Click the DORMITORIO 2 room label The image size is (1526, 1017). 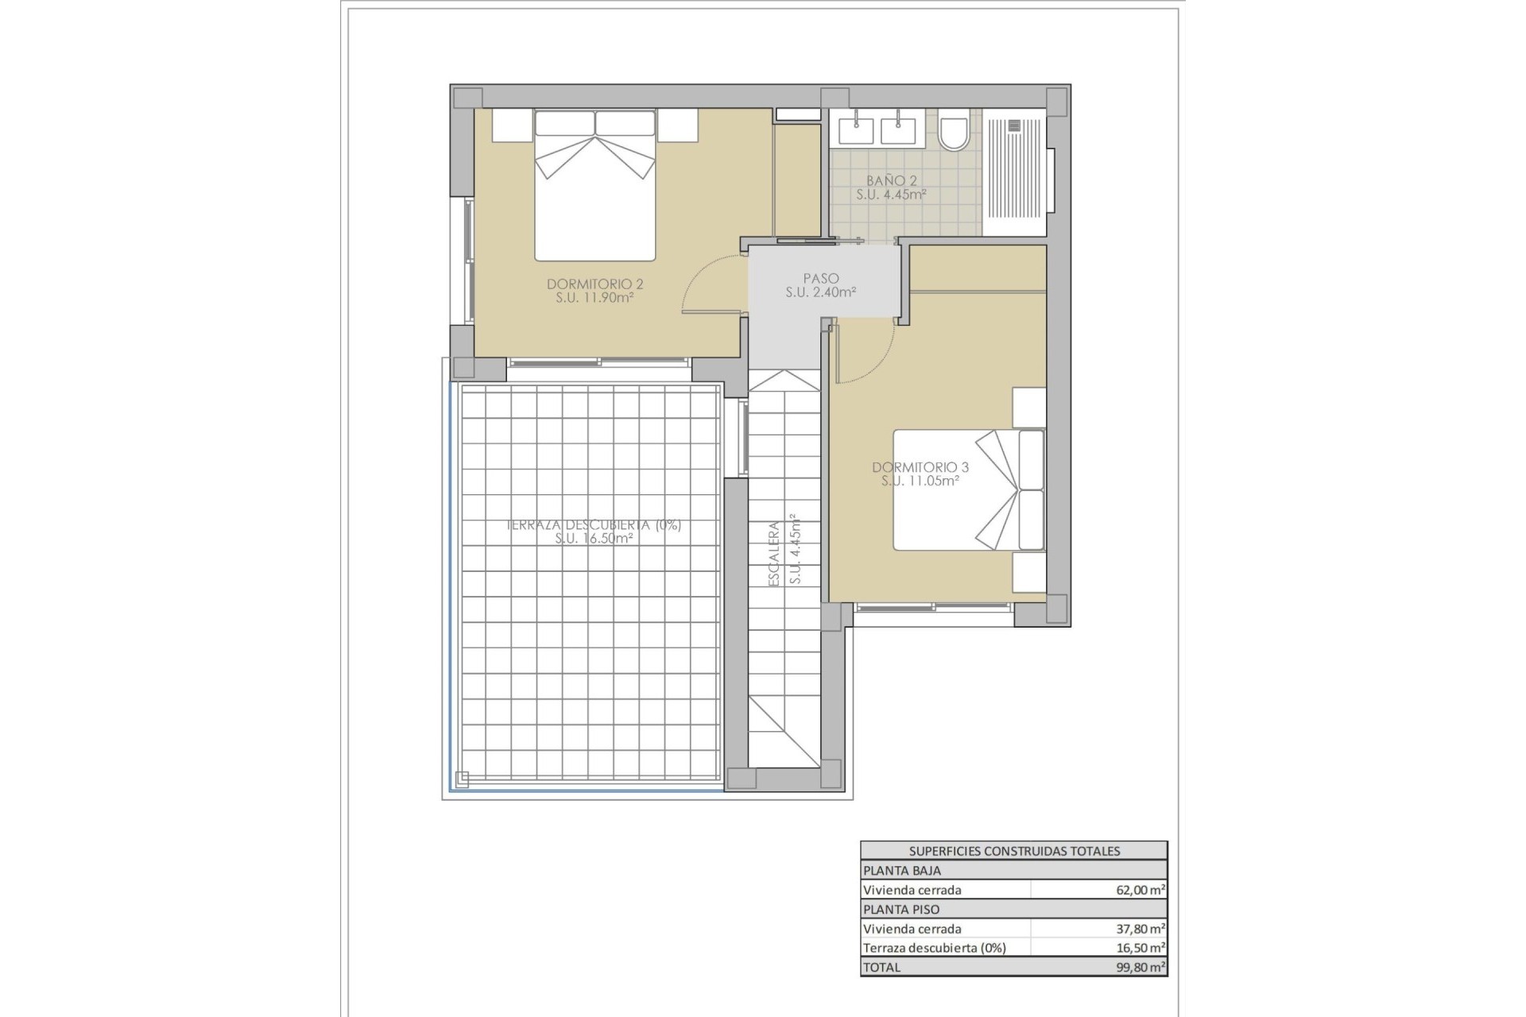[595, 284]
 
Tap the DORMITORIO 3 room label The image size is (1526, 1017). [920, 467]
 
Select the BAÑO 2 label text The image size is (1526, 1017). [892, 181]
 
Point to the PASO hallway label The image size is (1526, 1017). [820, 279]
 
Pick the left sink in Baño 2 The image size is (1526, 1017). [855, 129]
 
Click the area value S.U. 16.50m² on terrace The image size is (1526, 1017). [595, 538]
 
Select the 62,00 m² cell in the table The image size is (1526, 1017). [1140, 890]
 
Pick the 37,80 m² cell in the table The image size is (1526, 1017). [1140, 928]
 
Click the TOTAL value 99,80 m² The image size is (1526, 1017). [1140, 967]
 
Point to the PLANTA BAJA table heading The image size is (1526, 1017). [902, 870]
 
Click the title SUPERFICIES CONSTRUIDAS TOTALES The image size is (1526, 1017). [1014, 851]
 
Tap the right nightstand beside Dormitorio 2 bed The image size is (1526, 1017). [677, 126]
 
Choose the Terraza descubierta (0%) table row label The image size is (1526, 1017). [935, 947]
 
